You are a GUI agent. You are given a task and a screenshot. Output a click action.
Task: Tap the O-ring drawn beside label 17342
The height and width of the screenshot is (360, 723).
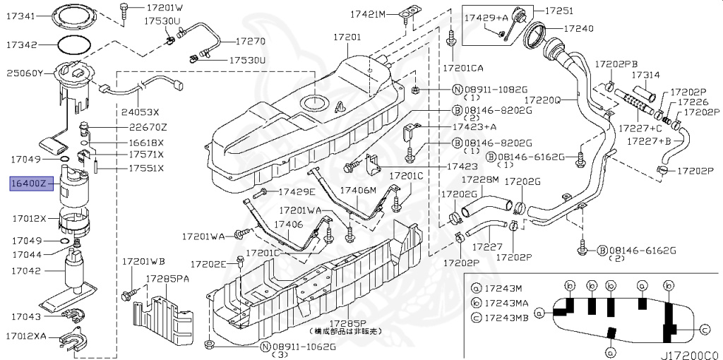tap(73, 44)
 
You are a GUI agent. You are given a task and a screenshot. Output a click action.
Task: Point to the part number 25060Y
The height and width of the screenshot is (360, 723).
tap(25, 73)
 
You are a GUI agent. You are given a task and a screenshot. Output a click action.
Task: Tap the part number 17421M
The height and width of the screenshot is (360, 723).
tap(369, 15)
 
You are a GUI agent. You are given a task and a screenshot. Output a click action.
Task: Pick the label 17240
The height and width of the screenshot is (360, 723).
tap(579, 29)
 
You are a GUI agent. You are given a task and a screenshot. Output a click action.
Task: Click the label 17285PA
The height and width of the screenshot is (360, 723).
tap(167, 278)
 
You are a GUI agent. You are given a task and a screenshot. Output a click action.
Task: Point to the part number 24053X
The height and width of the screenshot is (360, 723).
tap(140, 112)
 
